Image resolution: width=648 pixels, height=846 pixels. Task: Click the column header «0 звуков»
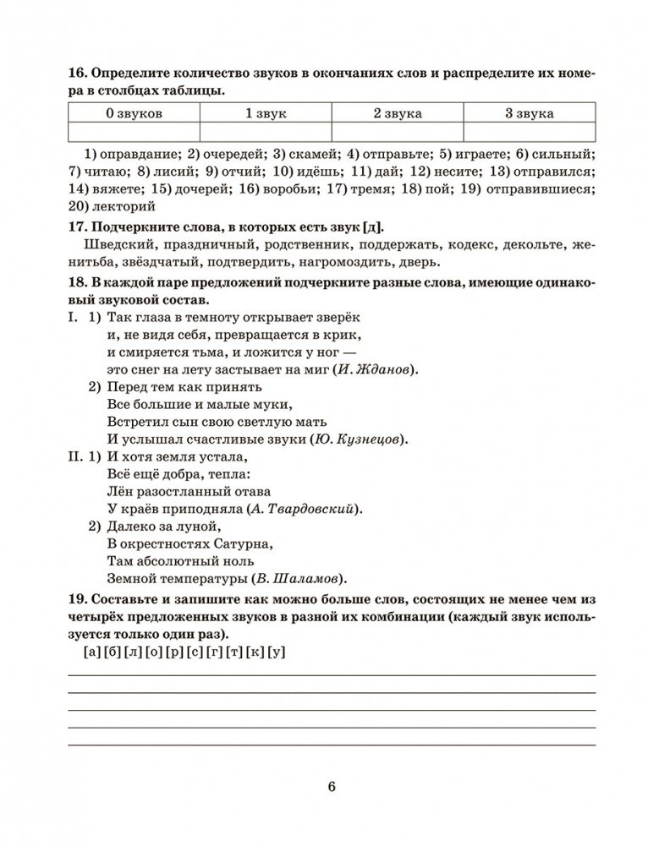pos(134,112)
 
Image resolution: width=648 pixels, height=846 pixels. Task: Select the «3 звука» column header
pos(530,112)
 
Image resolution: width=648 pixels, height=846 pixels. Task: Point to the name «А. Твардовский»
pos(306,510)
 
